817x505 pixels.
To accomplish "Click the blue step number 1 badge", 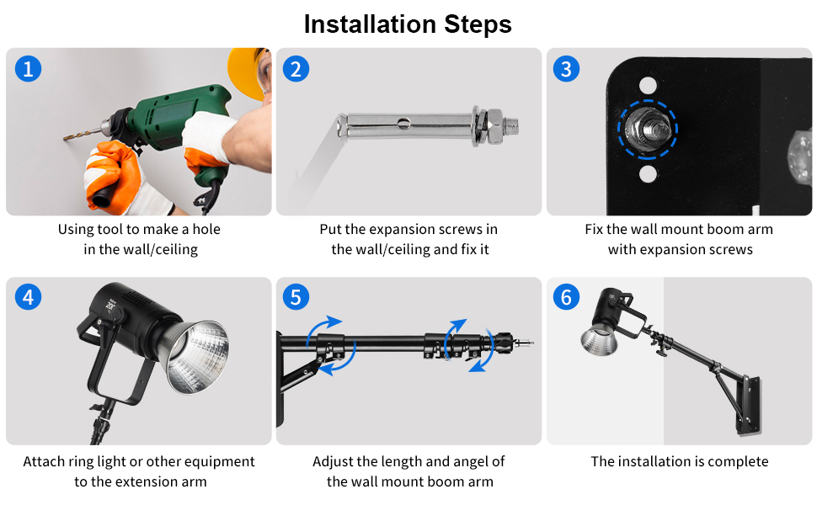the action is (28, 69).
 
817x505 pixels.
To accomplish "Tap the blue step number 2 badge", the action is (296, 69).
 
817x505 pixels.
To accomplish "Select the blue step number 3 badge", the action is (566, 69).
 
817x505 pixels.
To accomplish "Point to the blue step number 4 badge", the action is (28, 297).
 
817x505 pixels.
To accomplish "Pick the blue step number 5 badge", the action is (296, 297).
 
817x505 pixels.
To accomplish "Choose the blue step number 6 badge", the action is (566, 297).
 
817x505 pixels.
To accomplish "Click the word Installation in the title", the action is (370, 24).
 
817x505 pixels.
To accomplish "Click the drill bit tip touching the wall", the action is (65, 139).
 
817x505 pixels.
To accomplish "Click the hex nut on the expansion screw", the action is (495, 126).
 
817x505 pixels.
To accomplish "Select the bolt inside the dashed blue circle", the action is (648, 129).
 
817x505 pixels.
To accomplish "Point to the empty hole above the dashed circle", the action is (648, 85).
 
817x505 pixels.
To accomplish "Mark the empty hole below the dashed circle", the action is (648, 173).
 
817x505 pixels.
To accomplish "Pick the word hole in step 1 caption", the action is (206, 229).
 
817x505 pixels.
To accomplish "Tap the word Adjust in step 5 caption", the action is (333, 462).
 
